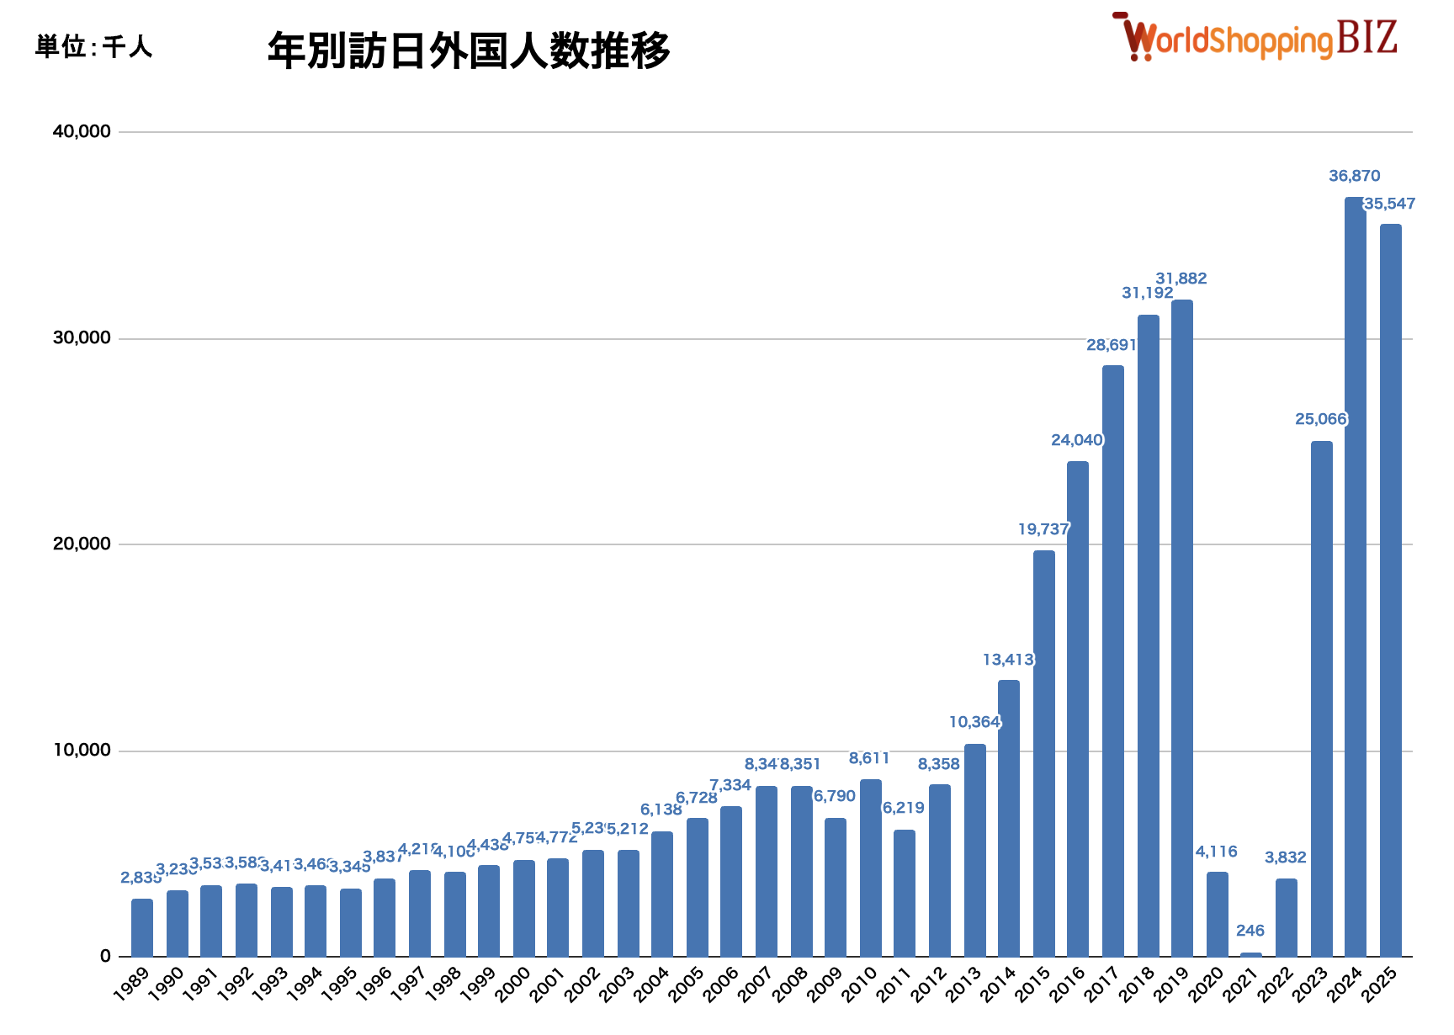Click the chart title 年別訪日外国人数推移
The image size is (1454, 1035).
[468, 50]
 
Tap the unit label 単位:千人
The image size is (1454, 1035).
[93, 46]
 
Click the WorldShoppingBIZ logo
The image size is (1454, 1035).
[1255, 39]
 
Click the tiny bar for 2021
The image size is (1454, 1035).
[1251, 954]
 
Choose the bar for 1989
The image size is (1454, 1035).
[142, 927]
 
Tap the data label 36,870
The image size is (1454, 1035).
[1354, 176]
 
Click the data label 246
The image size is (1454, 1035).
[1250, 931]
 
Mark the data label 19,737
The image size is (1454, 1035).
[1043, 529]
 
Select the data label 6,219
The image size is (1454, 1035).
[903, 808]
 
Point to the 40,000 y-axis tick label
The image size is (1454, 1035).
[82, 131]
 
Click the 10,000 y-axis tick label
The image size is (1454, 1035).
[82, 750]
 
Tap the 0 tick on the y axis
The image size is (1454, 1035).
[105, 956]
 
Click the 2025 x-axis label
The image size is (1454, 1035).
[1380, 985]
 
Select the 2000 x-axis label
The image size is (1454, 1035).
[513, 985]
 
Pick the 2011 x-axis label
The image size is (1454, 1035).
[894, 985]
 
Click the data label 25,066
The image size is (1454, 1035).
[1320, 419]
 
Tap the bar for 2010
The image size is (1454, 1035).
[870, 868]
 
